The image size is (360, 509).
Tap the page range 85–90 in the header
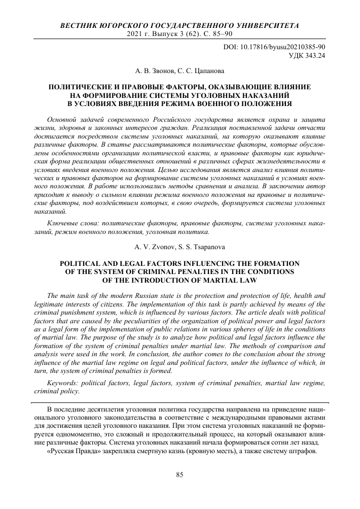pyautogui.click(x=222, y=34)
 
